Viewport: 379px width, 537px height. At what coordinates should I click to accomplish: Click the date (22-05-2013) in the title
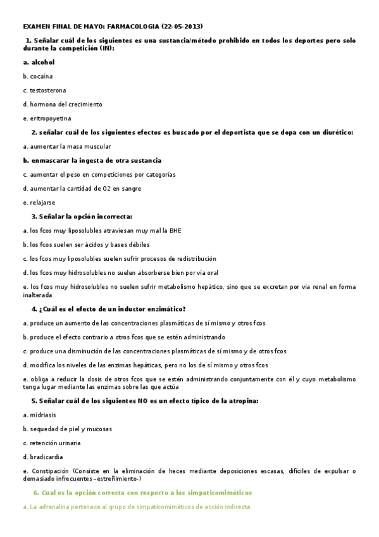click(x=182, y=27)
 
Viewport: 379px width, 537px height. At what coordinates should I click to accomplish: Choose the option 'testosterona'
click(x=47, y=91)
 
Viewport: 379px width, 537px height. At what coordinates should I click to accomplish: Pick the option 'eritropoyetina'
click(x=50, y=118)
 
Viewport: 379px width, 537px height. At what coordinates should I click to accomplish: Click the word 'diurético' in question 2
click(x=336, y=132)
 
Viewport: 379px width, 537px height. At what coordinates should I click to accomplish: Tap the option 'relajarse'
click(x=42, y=203)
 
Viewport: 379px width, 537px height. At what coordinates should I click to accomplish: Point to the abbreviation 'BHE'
click(x=175, y=231)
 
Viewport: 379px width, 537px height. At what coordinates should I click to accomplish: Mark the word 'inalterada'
click(x=37, y=294)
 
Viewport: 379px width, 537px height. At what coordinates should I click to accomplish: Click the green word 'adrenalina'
click(x=55, y=507)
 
